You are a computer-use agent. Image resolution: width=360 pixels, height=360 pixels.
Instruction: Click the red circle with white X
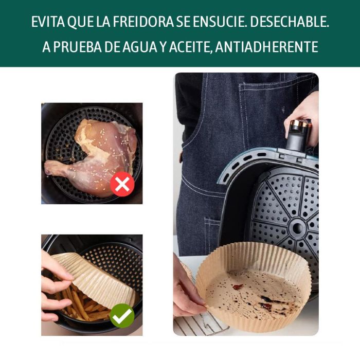(x=122, y=184)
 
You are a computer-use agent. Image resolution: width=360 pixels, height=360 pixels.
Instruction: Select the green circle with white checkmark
(x=122, y=316)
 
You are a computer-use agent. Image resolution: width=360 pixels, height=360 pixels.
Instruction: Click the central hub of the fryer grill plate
(x=298, y=227)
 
